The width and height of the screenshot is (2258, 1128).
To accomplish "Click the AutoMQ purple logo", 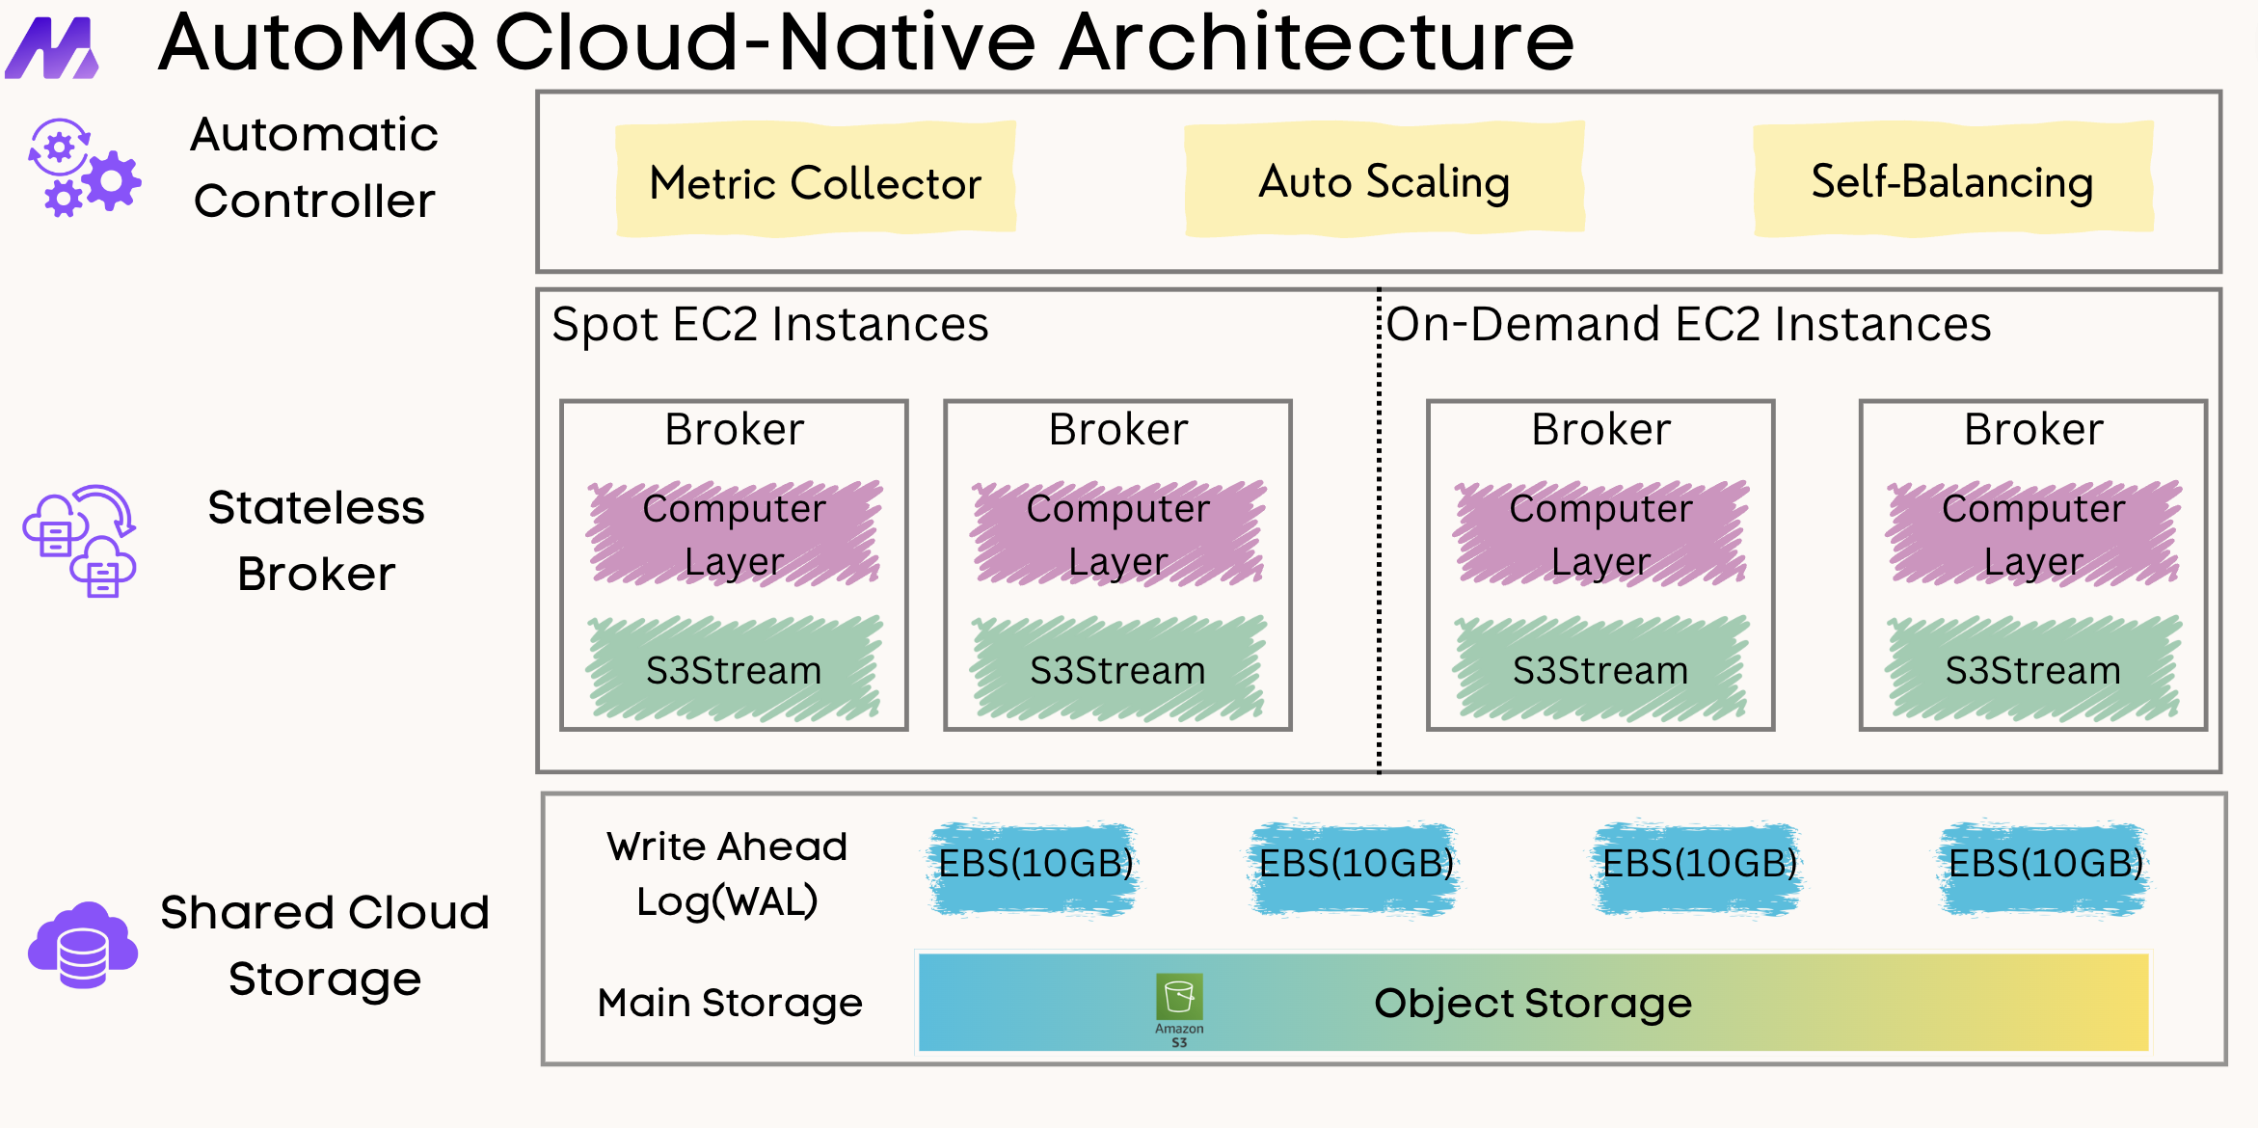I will click(x=53, y=48).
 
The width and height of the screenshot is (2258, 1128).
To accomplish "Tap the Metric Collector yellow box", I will click(x=815, y=180).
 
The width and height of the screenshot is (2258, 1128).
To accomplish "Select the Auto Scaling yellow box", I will click(x=1384, y=180).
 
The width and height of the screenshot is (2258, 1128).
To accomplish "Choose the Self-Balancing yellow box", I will click(x=1952, y=180).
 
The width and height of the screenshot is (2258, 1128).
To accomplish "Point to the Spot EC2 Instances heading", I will click(x=769, y=324).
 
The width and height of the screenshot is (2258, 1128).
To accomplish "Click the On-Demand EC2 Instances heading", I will click(x=1688, y=324).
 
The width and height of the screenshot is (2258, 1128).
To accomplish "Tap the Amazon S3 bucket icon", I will click(x=1179, y=998).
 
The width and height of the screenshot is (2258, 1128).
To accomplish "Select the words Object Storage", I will click(x=1532, y=1003).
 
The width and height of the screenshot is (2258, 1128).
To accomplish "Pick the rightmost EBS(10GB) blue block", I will click(x=2045, y=865).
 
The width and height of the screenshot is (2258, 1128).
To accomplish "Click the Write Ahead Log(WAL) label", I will click(x=727, y=873).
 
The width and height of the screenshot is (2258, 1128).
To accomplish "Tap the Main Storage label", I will click(x=729, y=1003).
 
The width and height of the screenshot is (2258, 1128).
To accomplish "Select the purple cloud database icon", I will click(x=83, y=946).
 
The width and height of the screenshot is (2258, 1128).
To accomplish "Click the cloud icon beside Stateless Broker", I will click(x=80, y=541).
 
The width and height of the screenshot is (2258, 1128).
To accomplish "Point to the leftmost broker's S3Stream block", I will click(x=734, y=669).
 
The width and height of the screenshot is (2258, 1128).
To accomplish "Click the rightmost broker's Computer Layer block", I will click(x=2033, y=533).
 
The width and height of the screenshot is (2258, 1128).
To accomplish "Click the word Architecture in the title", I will click(x=1317, y=42).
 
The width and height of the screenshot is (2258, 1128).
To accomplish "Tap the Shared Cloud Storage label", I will click(x=325, y=945).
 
